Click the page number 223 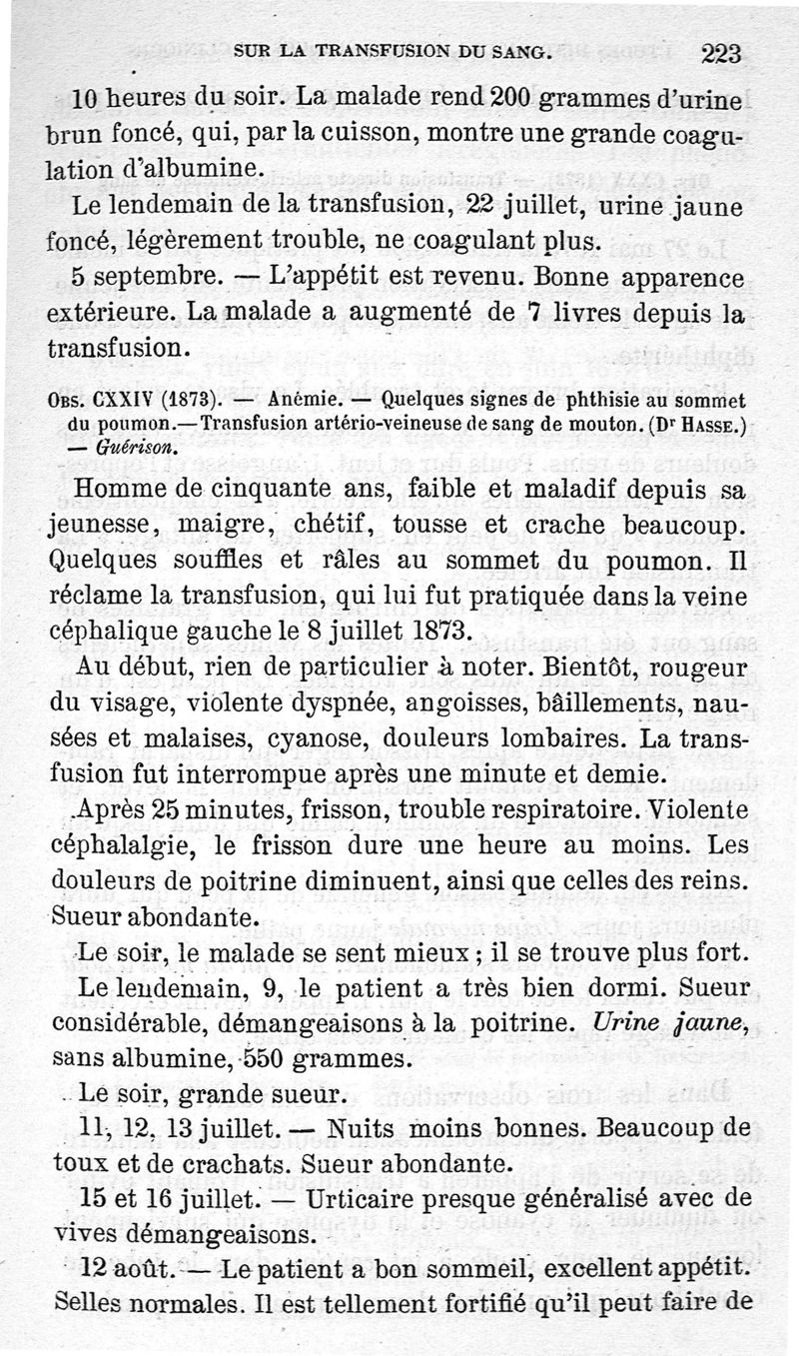tap(720, 53)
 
